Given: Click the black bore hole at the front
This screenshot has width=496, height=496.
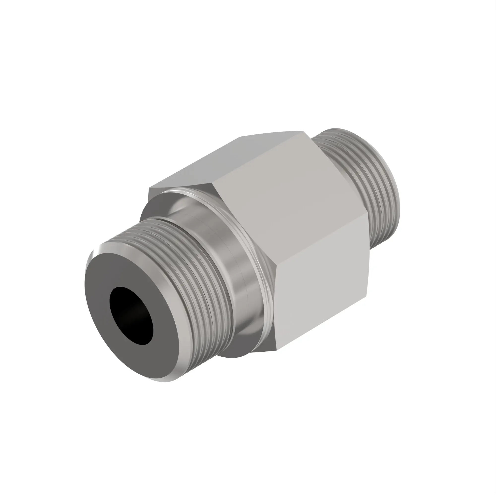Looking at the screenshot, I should (131, 315).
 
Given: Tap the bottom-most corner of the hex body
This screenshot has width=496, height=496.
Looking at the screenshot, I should (277, 350).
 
